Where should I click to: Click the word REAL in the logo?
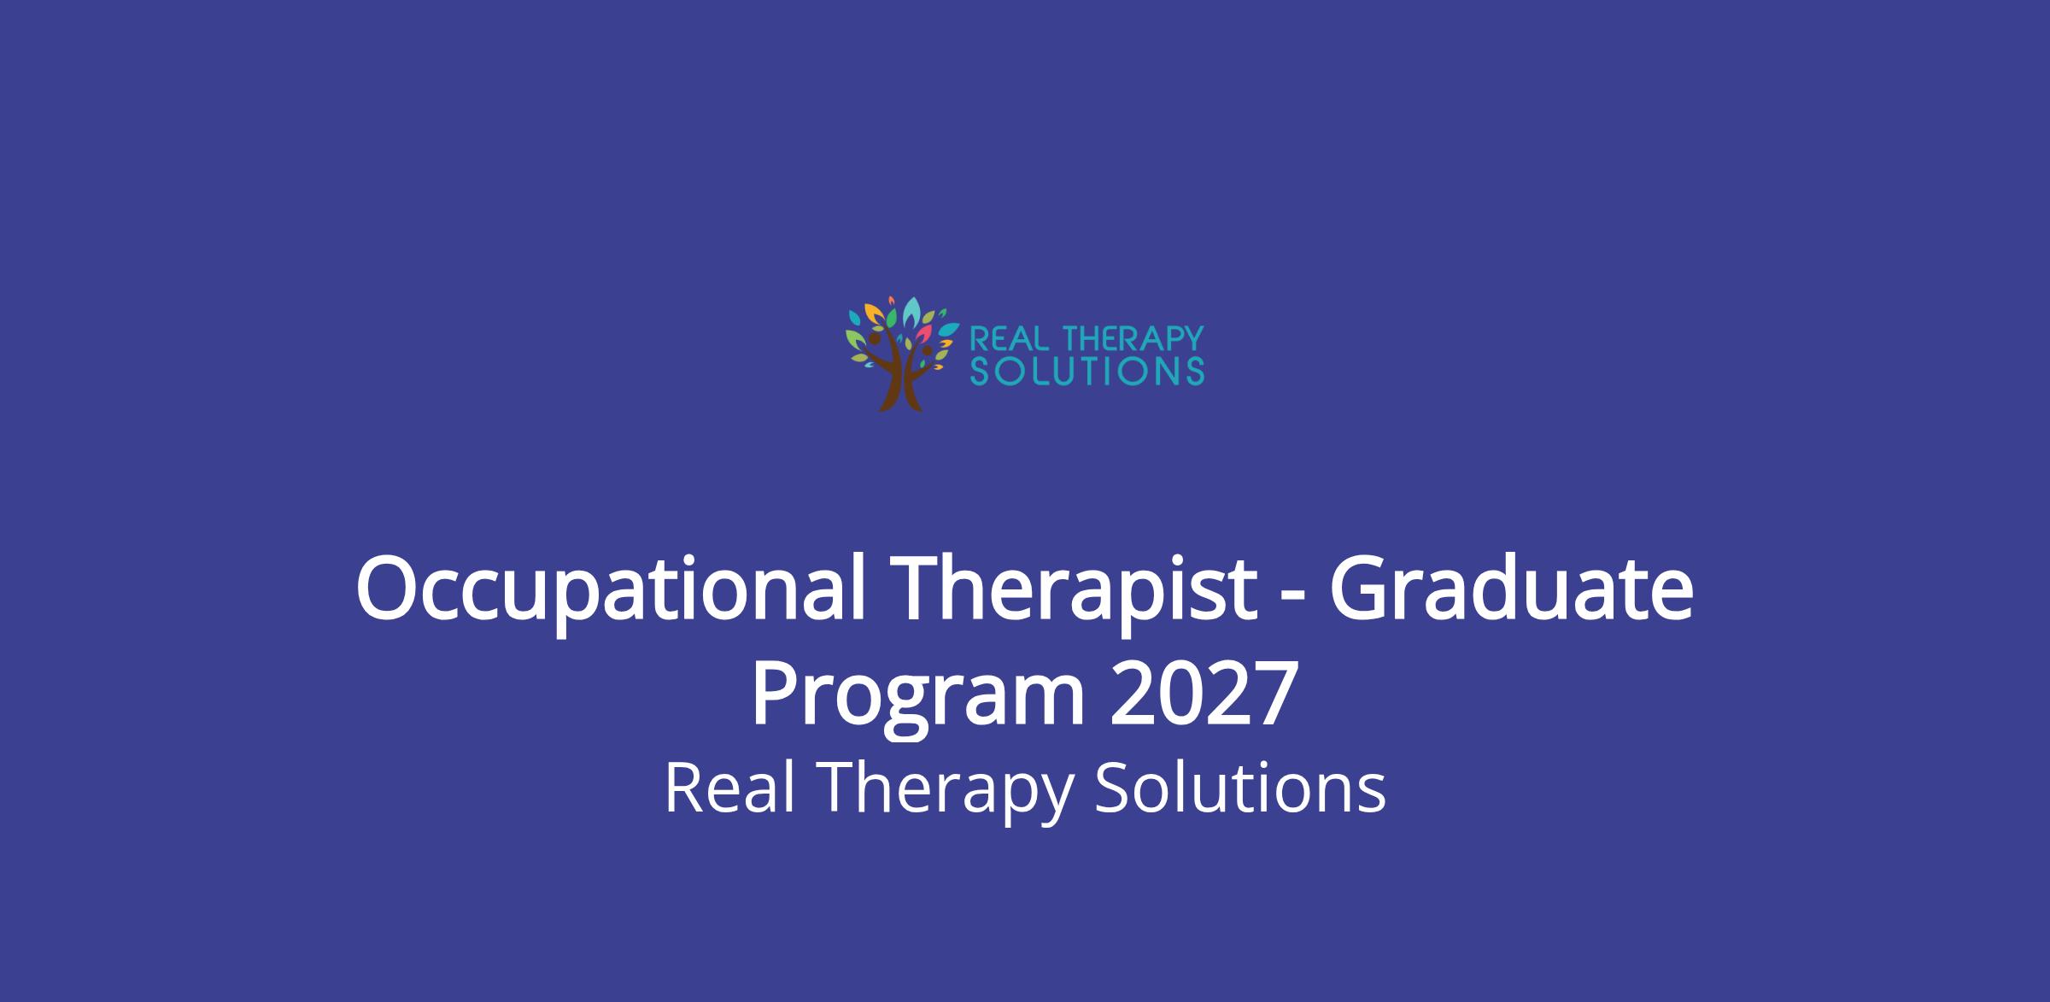pos(1007,339)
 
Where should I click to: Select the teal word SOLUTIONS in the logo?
pos(1088,371)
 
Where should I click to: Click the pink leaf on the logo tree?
pos(924,326)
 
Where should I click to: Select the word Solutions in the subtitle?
pos(1240,788)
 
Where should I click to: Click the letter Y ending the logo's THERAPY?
pos(1193,339)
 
